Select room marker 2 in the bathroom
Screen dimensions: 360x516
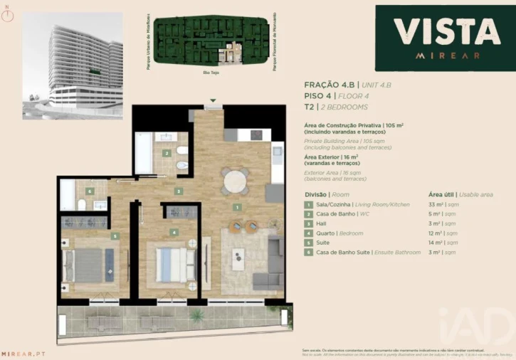click(x=166, y=153)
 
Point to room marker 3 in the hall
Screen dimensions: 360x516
click(x=179, y=191)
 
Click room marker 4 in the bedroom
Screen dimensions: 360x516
click(x=174, y=232)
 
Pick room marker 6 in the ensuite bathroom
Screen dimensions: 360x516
click(x=89, y=191)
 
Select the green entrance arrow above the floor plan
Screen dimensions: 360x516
click(x=211, y=100)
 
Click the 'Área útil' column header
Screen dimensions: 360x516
click(x=443, y=194)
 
